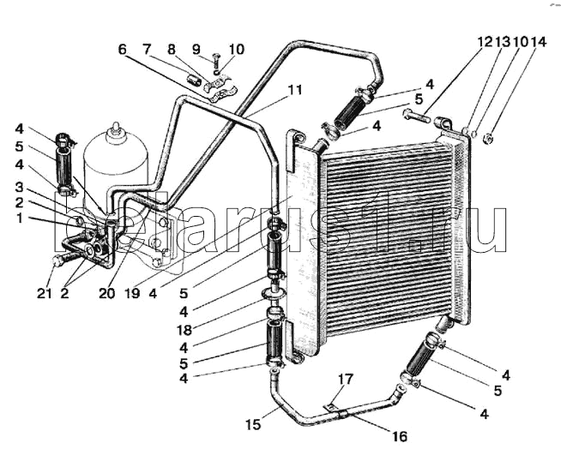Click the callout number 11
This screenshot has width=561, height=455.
click(x=295, y=90)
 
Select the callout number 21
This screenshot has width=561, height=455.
click(x=45, y=293)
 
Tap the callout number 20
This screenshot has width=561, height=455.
click(x=107, y=293)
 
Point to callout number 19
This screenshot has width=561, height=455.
click(x=132, y=293)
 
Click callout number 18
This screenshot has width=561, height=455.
click(x=184, y=330)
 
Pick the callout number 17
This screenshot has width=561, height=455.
click(x=346, y=380)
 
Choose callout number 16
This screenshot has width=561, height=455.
click(x=400, y=436)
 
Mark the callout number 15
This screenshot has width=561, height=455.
click(x=253, y=425)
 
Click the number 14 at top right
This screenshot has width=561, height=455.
click(x=539, y=42)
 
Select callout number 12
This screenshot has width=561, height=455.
click(x=486, y=42)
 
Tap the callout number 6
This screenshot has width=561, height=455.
click(x=123, y=50)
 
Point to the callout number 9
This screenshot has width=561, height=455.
click(x=196, y=50)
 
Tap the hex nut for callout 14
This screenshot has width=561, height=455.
click(x=488, y=138)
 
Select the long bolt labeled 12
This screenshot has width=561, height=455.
click(x=417, y=117)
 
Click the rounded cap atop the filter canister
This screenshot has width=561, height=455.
click(x=116, y=129)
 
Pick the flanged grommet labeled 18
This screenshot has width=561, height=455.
click(x=274, y=292)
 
